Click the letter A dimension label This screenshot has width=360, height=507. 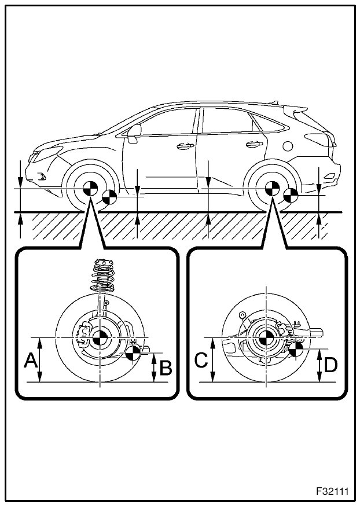point(31,362)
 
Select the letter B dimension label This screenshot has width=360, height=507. point(166,368)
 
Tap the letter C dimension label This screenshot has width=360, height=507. point(200,361)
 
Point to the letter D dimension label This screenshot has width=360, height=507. point(331,365)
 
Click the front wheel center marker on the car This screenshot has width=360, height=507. point(90,189)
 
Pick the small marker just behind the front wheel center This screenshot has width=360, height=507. point(107,197)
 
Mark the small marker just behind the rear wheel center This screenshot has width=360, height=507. point(291,196)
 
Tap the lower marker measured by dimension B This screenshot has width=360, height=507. point(133,351)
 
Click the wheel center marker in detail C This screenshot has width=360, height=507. point(266,338)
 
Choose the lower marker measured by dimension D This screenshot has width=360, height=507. point(296,349)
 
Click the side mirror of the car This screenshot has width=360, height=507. point(134,133)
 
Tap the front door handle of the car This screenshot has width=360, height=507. point(185,146)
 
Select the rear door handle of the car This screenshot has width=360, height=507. point(252,144)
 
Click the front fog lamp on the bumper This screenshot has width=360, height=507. point(41,175)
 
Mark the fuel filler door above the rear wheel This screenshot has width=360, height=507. point(288,144)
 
